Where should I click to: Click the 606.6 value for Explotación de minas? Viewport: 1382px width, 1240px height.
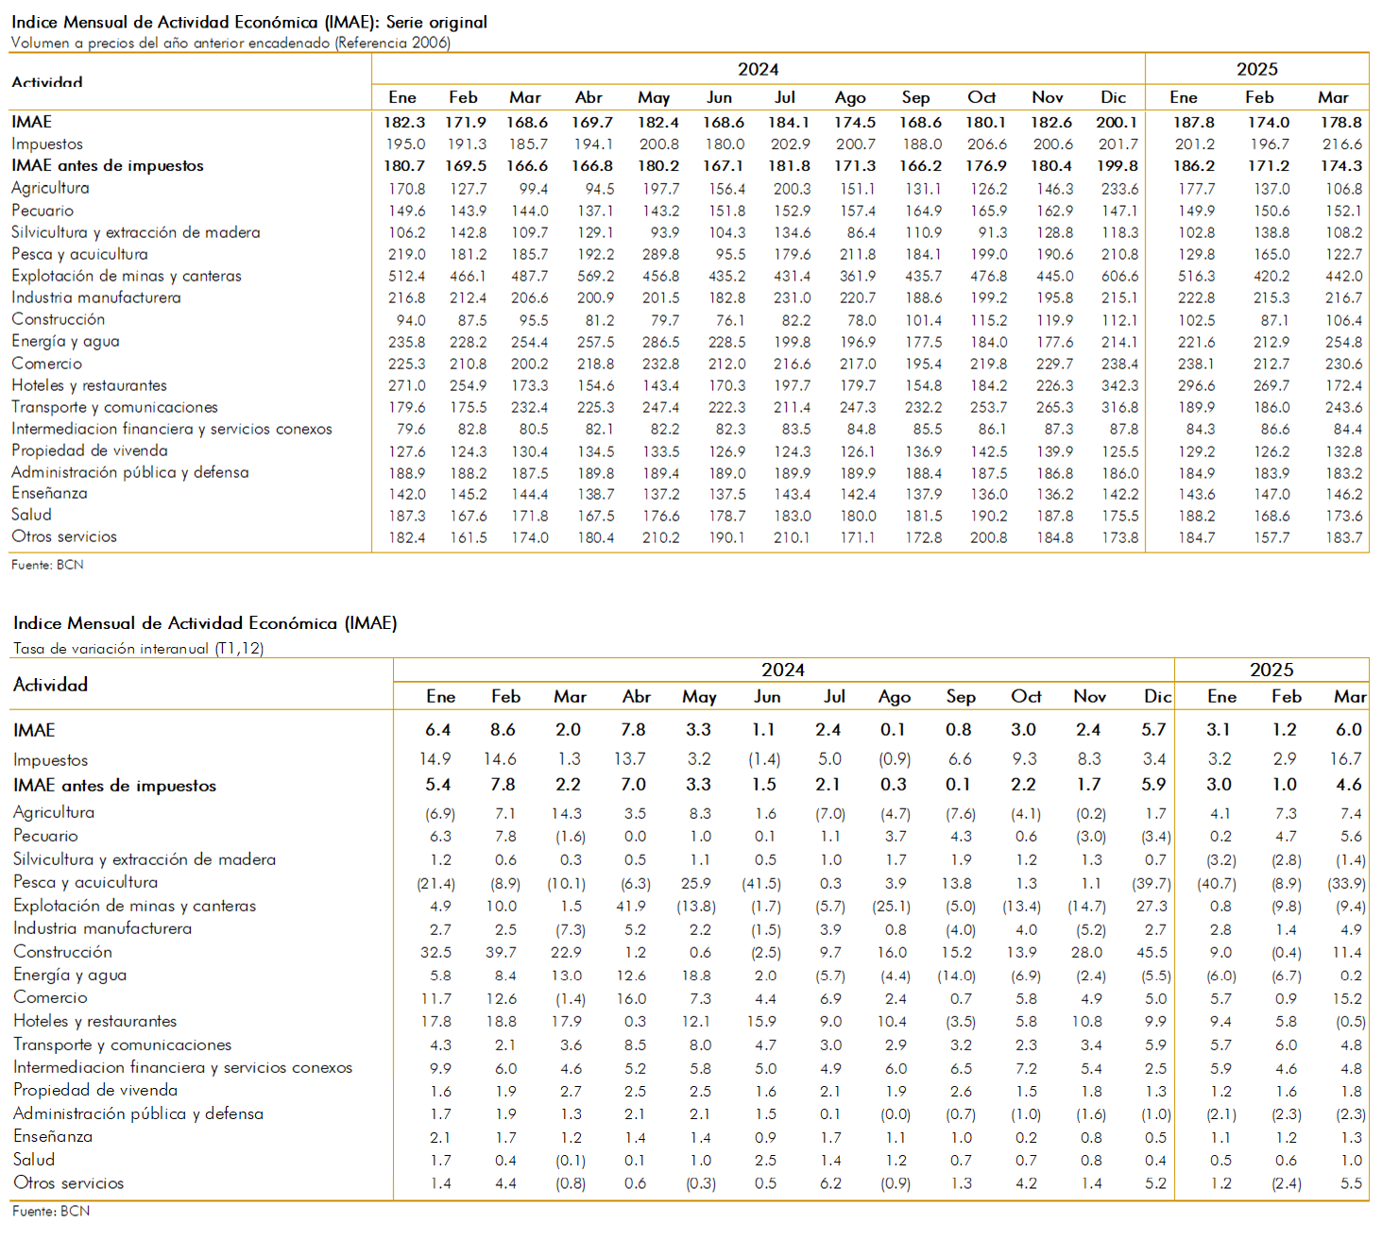coord(1119,276)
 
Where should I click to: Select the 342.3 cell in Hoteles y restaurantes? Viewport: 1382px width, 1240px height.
coord(1119,385)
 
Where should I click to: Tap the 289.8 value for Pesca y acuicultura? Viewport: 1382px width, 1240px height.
coord(660,254)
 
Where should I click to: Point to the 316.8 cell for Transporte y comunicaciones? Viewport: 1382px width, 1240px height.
coord(1119,407)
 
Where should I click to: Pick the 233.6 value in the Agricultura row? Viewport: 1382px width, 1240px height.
coord(1119,189)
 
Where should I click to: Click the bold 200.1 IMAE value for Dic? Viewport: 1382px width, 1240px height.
coord(1116,122)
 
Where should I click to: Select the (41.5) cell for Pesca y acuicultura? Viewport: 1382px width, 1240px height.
coord(761,883)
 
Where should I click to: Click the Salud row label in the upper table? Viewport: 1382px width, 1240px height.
coord(31,515)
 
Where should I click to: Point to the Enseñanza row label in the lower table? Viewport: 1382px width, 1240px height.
coord(53,1136)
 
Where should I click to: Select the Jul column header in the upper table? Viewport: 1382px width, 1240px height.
coord(784,97)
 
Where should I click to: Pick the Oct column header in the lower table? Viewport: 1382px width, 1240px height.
coord(1026,696)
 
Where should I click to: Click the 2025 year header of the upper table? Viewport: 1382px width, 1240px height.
coord(1256,70)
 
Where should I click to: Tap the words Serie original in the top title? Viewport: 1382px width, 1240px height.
coord(436,23)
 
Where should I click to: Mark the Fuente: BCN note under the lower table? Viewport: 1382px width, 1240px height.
coord(51,1211)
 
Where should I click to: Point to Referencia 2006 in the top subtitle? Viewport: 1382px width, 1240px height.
coord(392,43)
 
